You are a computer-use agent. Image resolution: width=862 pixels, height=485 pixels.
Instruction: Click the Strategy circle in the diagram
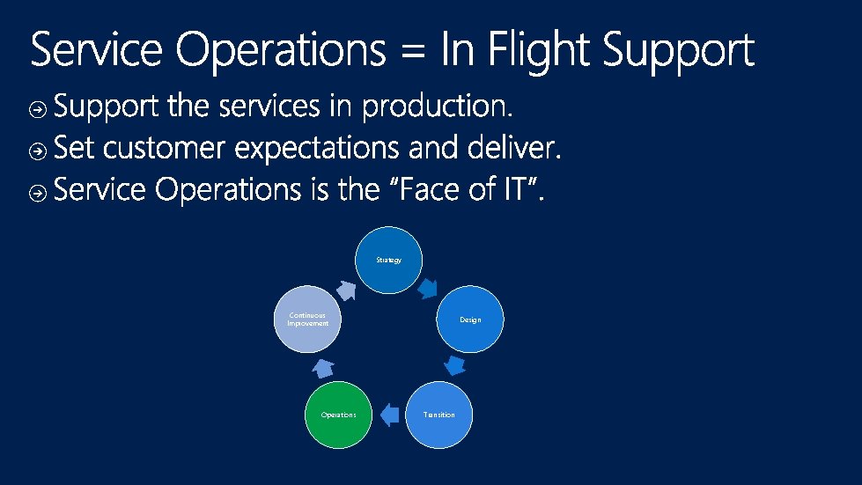click(388, 261)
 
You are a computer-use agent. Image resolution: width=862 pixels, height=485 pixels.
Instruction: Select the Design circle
click(470, 320)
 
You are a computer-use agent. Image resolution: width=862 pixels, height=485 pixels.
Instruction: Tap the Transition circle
click(438, 415)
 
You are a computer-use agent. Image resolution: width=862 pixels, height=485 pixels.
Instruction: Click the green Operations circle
click(338, 415)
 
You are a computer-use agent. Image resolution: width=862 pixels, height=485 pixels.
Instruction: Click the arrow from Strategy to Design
click(428, 288)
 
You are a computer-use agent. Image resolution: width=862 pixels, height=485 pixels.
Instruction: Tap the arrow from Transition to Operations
click(388, 414)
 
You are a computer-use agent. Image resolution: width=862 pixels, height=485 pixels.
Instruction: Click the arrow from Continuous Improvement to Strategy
click(346, 289)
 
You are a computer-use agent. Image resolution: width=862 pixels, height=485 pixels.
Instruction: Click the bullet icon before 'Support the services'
click(38, 110)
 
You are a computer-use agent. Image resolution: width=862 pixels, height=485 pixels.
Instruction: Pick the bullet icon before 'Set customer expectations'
click(38, 151)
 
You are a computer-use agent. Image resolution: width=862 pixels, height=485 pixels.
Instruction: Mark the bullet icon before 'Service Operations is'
click(38, 193)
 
